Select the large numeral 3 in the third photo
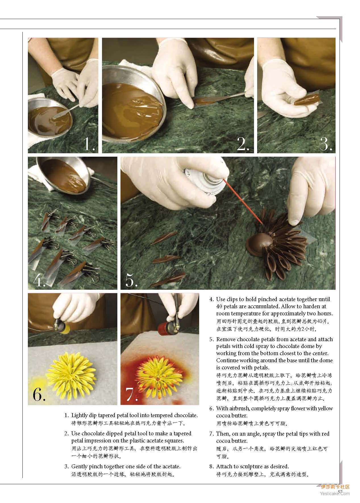[x=326, y=144]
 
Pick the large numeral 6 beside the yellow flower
[x=39, y=394]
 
